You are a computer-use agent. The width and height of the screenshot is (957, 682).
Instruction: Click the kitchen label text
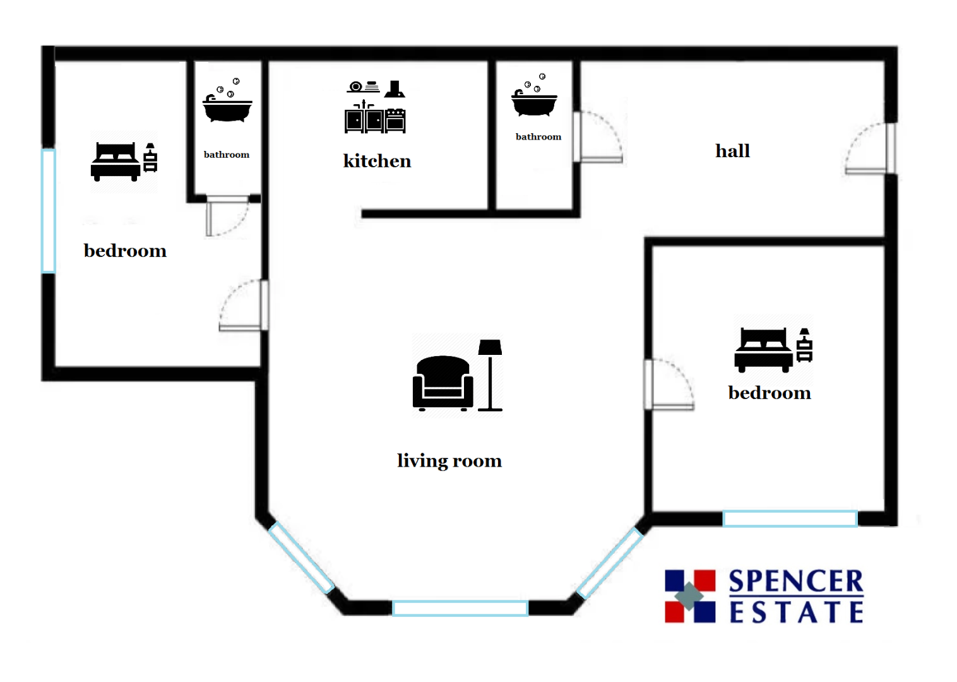point(377,161)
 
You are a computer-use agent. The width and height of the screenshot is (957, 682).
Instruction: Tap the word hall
point(733,151)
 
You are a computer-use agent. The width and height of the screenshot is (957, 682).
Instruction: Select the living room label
point(449,461)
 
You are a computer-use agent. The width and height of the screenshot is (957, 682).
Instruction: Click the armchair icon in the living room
point(443,383)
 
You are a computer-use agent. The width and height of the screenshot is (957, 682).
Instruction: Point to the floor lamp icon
point(490,375)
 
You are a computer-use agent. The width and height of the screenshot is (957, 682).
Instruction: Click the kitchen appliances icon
point(375,107)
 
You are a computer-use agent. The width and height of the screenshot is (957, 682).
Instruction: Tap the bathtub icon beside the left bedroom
point(227,101)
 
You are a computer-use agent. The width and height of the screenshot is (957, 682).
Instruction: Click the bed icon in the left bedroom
point(124,162)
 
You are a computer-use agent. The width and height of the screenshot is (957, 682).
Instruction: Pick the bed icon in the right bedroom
point(773,350)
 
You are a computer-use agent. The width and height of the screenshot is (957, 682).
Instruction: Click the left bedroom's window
point(48,211)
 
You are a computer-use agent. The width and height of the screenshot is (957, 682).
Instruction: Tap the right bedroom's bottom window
point(790,519)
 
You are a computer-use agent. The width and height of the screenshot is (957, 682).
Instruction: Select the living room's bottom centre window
point(460,608)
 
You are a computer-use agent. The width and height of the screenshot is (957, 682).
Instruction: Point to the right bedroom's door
point(668,385)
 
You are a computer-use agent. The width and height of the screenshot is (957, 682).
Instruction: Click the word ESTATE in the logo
point(796,612)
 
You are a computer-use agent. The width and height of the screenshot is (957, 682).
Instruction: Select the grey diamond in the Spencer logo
point(689,596)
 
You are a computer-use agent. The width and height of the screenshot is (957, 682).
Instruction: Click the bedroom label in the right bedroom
point(770,393)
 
